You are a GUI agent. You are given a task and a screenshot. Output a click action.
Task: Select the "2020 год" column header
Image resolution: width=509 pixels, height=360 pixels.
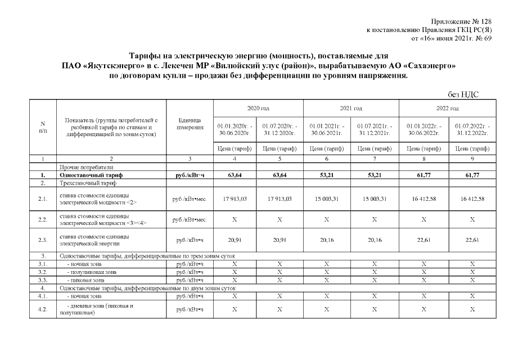click(x=258, y=107)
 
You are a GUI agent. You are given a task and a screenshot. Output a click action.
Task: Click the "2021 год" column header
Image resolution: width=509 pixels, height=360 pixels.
click(x=351, y=107)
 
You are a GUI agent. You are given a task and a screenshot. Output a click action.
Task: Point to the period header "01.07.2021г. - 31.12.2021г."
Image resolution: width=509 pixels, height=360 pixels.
click(x=375, y=128)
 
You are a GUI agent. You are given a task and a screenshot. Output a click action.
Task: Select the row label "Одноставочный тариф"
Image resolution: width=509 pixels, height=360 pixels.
click(x=88, y=175)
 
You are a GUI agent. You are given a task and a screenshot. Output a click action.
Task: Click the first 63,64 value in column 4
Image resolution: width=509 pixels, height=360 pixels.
click(x=235, y=175)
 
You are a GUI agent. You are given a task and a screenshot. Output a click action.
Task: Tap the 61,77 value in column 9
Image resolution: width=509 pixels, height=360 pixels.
click(x=472, y=175)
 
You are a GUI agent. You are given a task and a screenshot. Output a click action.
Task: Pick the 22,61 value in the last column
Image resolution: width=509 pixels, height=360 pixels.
click(x=472, y=240)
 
